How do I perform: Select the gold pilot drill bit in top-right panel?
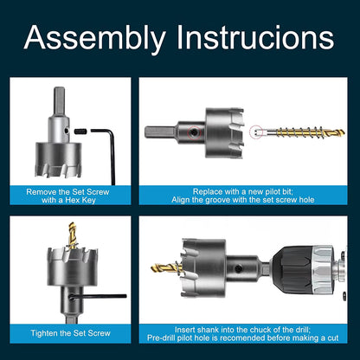tap(299, 132)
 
